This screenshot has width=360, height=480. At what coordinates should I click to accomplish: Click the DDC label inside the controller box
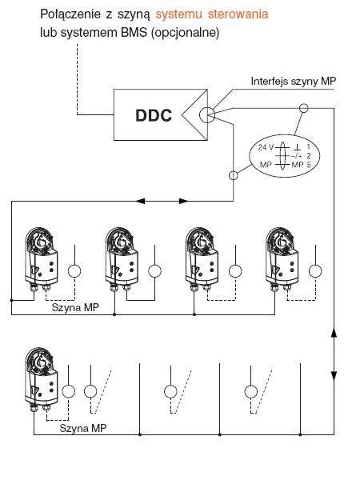pyautogui.click(x=154, y=115)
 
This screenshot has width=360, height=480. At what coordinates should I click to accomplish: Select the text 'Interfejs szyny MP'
pyautogui.click(x=294, y=82)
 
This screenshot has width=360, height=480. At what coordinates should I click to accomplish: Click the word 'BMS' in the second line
pyautogui.click(x=134, y=33)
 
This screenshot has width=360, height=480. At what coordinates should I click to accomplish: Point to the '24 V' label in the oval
pyautogui.click(x=266, y=147)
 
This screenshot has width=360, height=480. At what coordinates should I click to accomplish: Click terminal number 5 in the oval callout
pyautogui.click(x=309, y=165)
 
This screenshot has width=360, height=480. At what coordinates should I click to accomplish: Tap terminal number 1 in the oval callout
pyautogui.click(x=309, y=147)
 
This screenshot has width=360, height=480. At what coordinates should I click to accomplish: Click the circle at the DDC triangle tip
pyautogui.click(x=207, y=115)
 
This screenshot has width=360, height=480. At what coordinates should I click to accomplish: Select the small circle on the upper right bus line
pyautogui.click(x=304, y=108)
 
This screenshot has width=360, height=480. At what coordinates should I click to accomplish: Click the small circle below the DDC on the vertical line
pyautogui.click(x=234, y=175)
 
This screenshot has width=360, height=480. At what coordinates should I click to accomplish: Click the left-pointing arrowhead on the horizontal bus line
pyautogui.click(x=140, y=201)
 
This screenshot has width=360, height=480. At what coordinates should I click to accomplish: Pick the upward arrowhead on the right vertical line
pyautogui.click(x=334, y=333)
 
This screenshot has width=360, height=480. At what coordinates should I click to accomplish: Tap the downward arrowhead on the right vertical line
pyautogui.click(x=334, y=376)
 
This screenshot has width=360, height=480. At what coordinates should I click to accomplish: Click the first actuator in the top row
pyautogui.click(x=41, y=258)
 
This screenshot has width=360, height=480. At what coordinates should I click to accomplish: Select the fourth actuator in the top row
pyautogui.click(x=282, y=258)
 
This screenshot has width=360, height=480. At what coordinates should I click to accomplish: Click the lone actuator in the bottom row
pyautogui.click(x=41, y=379)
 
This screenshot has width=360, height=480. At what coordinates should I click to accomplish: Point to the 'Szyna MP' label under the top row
pyautogui.click(x=75, y=307)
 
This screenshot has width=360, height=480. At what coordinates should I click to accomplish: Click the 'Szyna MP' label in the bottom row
pyautogui.click(x=83, y=428)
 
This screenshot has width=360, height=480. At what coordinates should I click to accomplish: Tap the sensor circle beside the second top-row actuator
pyautogui.click(x=154, y=271)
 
